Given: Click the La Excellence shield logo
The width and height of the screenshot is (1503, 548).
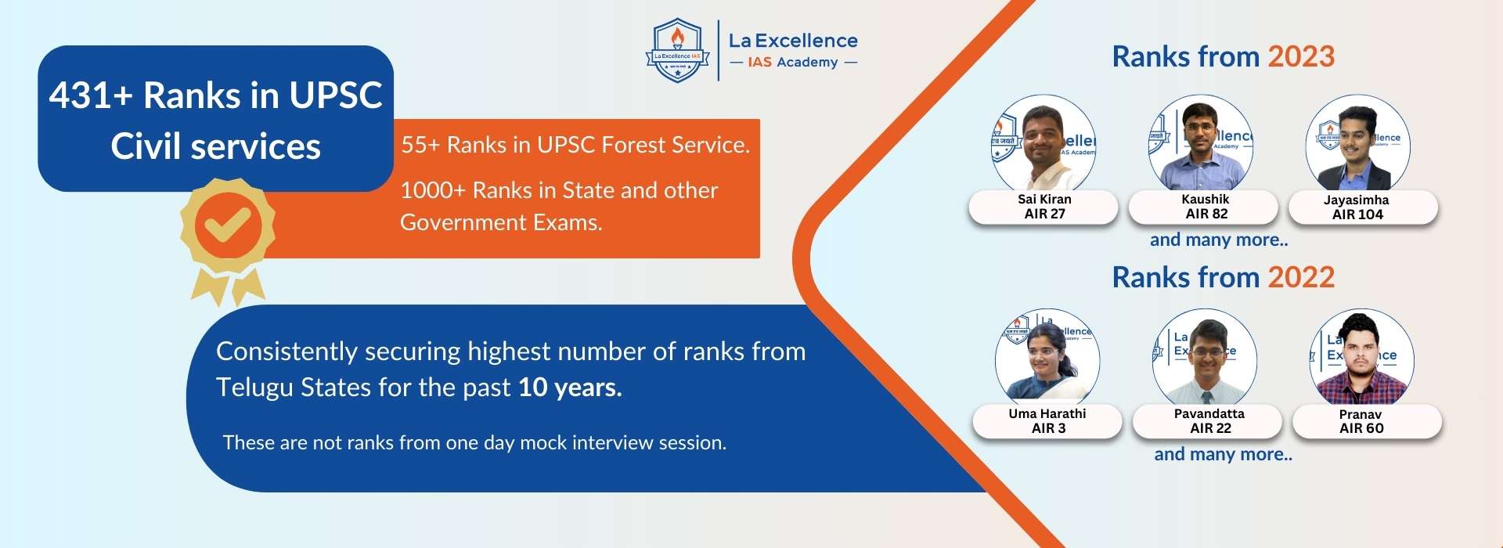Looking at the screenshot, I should (x=677, y=51).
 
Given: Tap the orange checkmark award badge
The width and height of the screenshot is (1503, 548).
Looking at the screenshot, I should (x=227, y=225).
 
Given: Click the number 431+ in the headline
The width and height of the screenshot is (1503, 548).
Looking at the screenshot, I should (x=91, y=96).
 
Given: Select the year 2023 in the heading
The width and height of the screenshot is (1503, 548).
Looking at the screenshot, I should (x=1301, y=57).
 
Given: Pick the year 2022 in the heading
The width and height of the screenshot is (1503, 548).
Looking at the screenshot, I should (x=1301, y=278).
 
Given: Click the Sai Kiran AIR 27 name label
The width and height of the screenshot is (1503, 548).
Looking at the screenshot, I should (x=1044, y=207).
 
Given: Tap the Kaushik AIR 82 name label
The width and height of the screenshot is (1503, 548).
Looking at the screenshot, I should (x=1206, y=207).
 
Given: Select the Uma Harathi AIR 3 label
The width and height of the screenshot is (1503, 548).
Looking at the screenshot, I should (x=1047, y=421).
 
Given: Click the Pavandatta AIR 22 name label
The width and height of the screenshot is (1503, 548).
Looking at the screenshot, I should (x=1209, y=421).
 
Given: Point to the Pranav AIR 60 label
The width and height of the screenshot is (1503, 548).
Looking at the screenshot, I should (x=1361, y=421).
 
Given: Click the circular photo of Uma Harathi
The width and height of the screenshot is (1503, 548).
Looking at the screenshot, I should (x=1047, y=360).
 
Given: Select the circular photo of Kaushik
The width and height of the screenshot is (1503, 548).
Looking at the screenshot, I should (x=1201, y=145).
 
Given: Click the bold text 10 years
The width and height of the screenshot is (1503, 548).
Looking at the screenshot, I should (x=570, y=388).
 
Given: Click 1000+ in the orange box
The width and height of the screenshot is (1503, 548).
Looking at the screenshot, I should (x=433, y=190).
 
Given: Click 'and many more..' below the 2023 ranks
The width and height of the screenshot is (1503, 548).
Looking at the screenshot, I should (x=1219, y=240).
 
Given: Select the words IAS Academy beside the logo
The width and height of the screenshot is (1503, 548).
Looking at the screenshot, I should (x=792, y=63).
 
